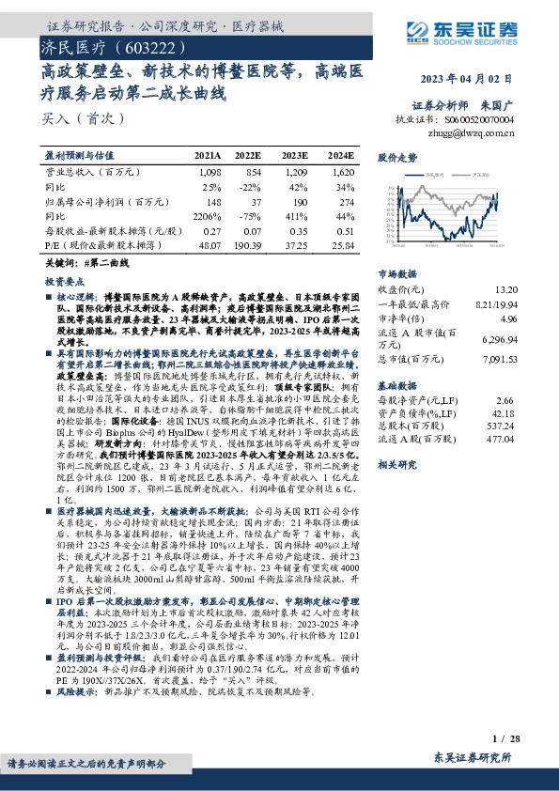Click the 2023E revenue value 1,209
tap(295, 173)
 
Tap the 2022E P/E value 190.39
tap(247, 243)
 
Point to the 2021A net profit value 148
tap(211, 201)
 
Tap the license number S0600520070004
tap(477, 120)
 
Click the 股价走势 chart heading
tap(397, 158)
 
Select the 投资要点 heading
tap(62, 281)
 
